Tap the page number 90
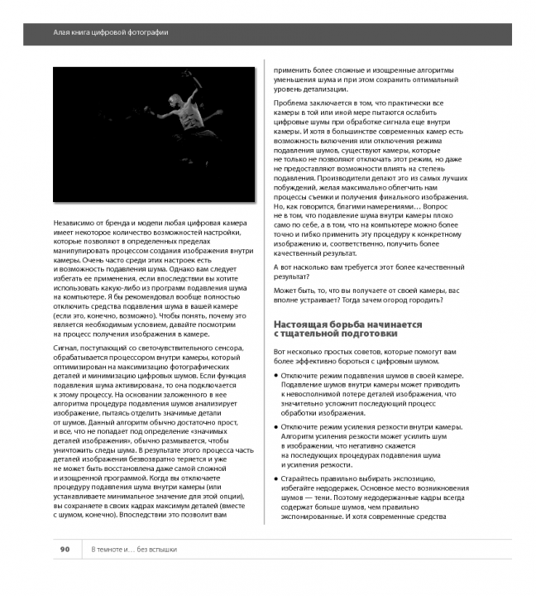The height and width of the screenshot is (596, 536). tap(65, 550)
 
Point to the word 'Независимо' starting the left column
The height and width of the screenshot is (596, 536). tap(74, 223)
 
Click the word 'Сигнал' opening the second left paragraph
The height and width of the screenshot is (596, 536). tap(65, 350)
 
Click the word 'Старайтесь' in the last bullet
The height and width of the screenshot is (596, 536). tap(304, 479)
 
